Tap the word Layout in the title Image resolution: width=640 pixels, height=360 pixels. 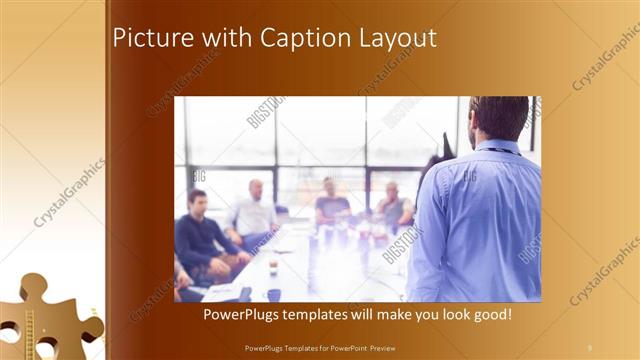pos(397,39)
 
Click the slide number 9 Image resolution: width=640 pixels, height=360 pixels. pos(589,347)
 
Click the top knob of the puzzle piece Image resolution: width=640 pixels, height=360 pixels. pos(33,285)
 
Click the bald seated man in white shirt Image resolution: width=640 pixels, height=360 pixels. pos(254,210)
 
